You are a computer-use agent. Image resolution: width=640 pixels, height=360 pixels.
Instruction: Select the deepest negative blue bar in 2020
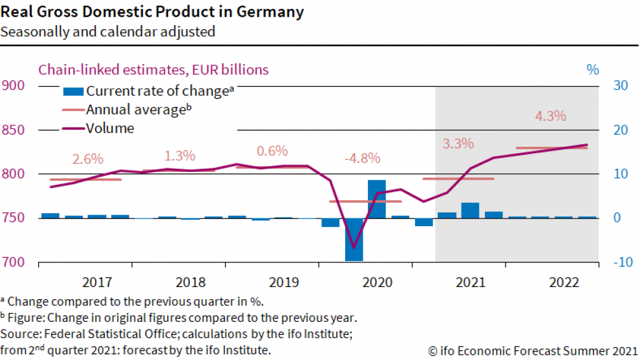click(354, 239)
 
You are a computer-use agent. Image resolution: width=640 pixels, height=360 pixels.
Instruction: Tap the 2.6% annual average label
click(88, 158)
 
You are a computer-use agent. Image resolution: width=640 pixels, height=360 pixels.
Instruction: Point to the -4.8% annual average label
click(362, 158)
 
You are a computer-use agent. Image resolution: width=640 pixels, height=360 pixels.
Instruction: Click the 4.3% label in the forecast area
click(551, 117)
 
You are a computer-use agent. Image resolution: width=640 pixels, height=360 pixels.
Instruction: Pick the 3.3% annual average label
click(458, 143)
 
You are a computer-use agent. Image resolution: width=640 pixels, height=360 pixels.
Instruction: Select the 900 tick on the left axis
click(14, 86)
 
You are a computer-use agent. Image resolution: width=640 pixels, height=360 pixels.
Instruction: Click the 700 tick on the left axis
click(14, 262)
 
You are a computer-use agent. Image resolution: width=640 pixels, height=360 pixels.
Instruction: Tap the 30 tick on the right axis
click(621, 86)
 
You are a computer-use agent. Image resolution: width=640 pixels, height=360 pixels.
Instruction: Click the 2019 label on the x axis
click(284, 282)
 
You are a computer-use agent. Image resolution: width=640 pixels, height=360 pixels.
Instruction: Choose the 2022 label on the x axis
click(563, 282)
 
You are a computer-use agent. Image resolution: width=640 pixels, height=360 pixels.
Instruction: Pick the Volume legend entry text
click(110, 129)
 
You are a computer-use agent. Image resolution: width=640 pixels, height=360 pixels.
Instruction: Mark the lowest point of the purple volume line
click(353, 248)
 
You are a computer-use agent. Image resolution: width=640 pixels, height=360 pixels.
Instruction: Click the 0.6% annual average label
click(272, 151)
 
